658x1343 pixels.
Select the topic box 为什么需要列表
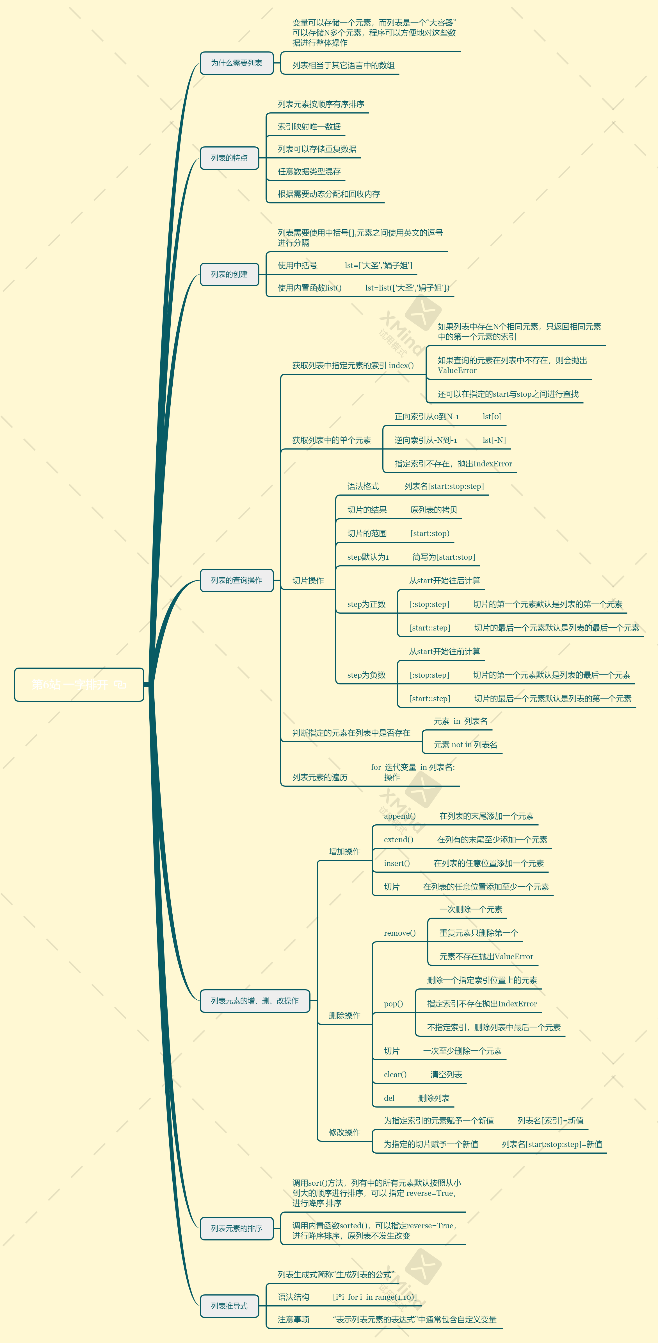point(237,63)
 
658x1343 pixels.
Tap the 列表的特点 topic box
point(229,158)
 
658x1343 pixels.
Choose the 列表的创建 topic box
point(229,274)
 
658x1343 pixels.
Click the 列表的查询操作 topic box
point(237,580)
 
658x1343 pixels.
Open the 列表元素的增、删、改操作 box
point(255,1001)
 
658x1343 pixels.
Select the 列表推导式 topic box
point(229,1306)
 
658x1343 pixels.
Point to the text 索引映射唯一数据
point(309,127)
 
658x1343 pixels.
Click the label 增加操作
point(344,851)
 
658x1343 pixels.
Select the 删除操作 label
point(344,1016)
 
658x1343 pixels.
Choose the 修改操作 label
point(344,1132)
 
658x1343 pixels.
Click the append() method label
point(399,816)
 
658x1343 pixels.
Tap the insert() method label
point(397,863)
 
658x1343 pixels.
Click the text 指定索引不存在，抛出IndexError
point(453,464)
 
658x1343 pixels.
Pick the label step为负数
point(366,675)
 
